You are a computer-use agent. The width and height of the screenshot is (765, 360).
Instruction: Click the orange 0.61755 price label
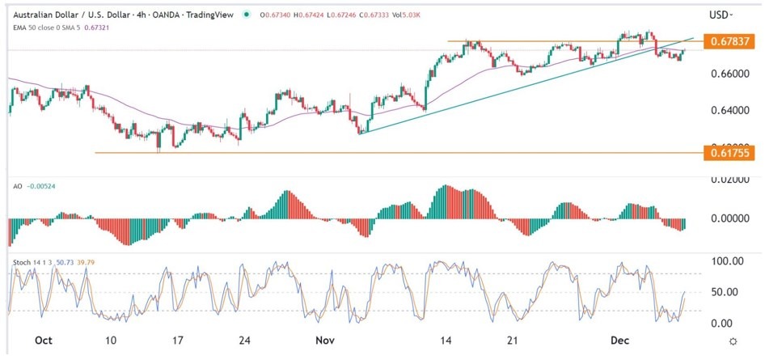730,152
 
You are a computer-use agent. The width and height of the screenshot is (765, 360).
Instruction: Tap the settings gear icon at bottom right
732,343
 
